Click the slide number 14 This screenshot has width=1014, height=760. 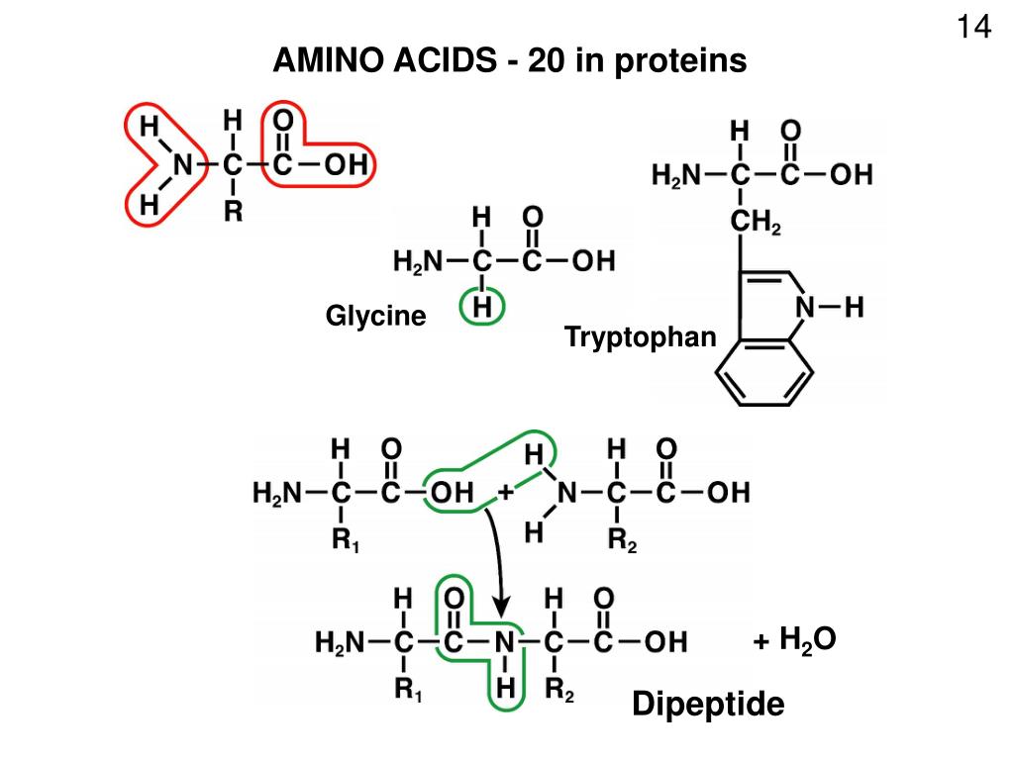point(973,27)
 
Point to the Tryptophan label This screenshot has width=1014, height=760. point(640,337)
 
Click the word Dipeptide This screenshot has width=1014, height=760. point(708,705)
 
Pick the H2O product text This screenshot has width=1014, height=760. point(808,640)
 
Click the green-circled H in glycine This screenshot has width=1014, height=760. point(482,308)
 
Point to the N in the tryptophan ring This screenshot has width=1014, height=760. point(806,309)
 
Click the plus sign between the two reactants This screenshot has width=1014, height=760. point(506,491)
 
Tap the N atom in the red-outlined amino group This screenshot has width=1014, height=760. point(180,165)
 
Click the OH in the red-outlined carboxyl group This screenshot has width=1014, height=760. point(347,165)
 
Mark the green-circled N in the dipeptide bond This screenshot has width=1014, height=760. point(505,642)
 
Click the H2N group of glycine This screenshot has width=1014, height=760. point(416,262)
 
